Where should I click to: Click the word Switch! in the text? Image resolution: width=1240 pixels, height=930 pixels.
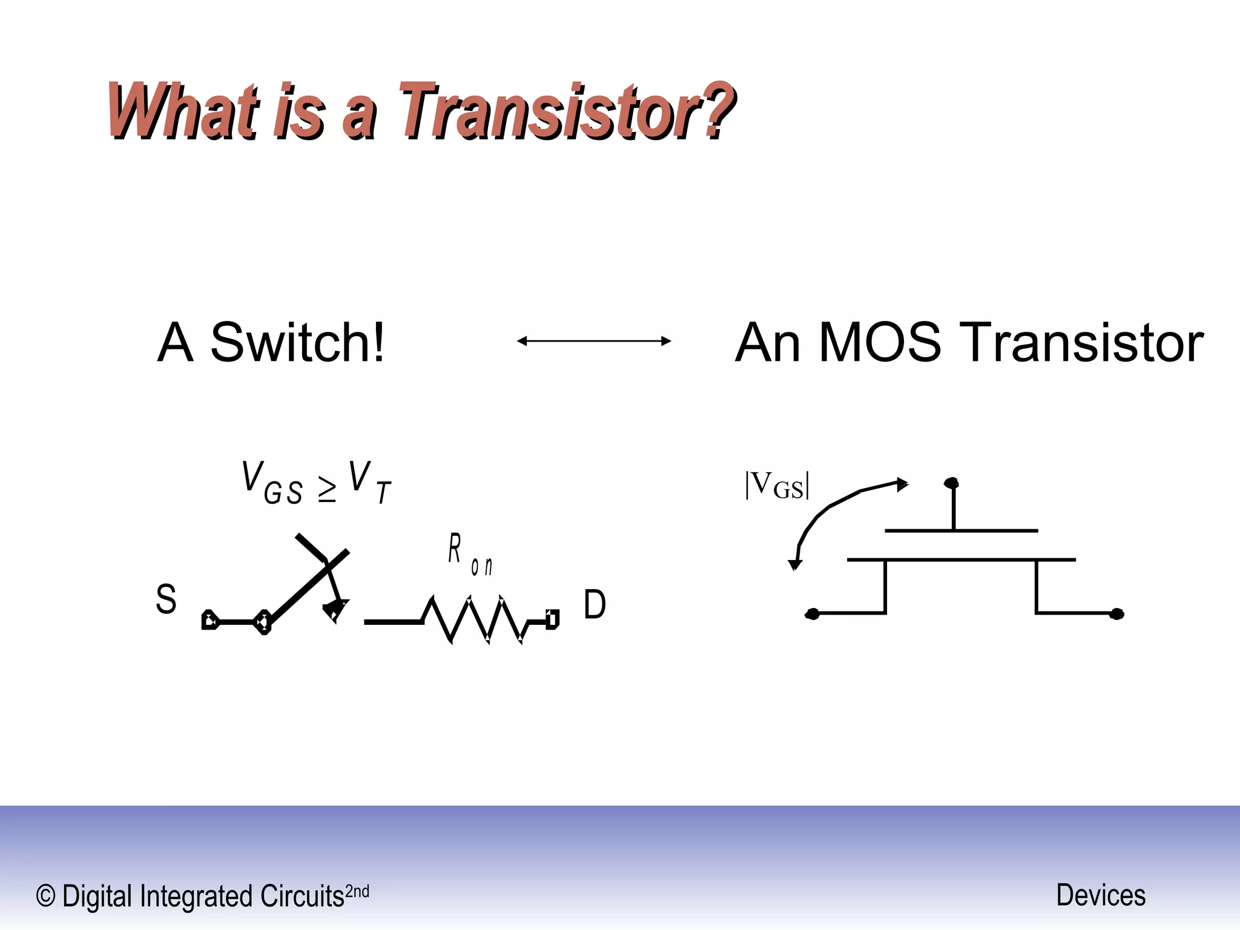297,343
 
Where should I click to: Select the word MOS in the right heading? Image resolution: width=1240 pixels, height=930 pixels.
879,343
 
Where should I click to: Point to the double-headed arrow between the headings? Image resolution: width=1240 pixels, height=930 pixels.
594,341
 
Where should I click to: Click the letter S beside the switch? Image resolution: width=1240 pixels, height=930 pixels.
166,599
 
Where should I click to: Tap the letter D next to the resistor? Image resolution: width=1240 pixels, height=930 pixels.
594,604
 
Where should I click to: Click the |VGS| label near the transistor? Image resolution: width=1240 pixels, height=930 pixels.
777,486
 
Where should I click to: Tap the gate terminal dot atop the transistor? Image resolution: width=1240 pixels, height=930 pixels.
951,483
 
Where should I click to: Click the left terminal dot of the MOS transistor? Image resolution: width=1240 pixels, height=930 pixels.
813,614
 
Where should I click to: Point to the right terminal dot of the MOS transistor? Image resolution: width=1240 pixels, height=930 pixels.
1116,614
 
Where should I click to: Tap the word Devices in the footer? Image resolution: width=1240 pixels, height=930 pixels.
1101,895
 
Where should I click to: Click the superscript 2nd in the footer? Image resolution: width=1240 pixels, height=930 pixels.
357,891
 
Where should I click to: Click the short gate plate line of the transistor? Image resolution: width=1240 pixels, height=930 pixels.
961,531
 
